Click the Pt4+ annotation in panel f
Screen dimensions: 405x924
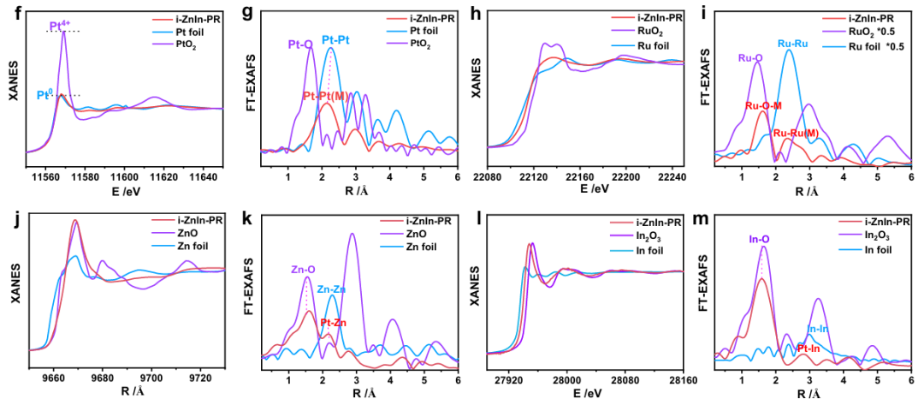pos(59,27)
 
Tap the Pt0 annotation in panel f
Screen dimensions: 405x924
pos(48,95)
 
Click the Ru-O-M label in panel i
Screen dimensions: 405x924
pos(761,106)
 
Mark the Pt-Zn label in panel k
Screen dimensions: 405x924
pos(334,323)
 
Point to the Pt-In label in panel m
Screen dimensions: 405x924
pos(809,348)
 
